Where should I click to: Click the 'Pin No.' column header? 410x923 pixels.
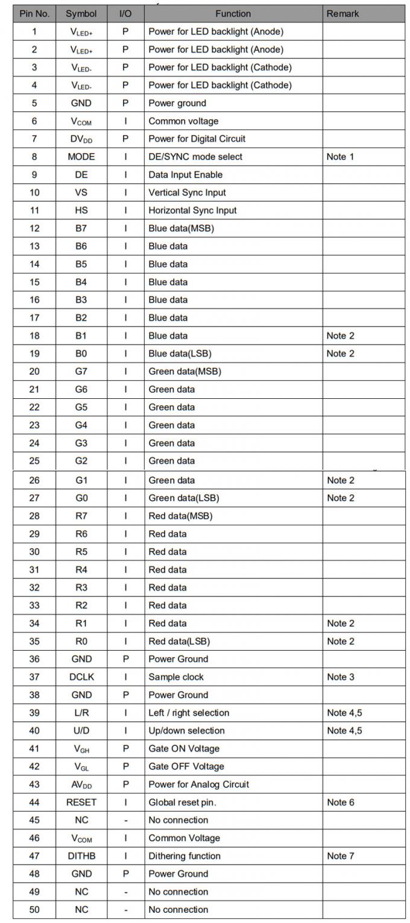tap(34, 13)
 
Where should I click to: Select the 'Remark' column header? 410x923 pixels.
tap(342, 13)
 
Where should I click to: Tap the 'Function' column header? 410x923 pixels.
tap(233, 13)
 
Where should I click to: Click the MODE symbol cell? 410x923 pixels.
tap(81, 157)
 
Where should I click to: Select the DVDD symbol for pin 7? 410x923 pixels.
tap(81, 139)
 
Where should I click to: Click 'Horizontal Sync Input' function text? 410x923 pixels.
tap(192, 210)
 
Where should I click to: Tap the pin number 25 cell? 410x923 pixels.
tap(34, 461)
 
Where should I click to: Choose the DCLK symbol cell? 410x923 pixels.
tap(81, 677)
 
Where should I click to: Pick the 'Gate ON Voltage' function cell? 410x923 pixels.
tap(184, 749)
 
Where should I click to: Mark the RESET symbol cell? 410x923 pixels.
tap(81, 803)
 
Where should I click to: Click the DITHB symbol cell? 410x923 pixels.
tap(81, 856)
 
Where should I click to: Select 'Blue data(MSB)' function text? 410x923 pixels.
tap(181, 228)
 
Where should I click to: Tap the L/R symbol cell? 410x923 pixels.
tap(81, 713)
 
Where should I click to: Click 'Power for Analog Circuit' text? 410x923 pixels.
tap(198, 784)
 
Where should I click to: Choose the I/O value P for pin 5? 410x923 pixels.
tap(125, 103)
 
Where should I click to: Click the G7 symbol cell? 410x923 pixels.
tap(81, 372)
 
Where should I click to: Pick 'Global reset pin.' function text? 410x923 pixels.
tap(182, 803)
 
